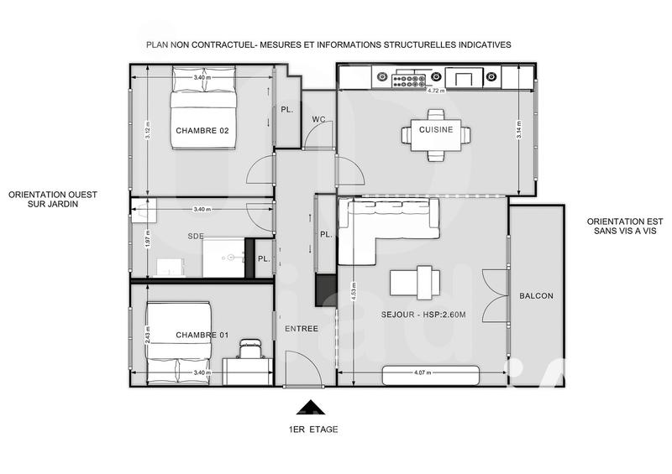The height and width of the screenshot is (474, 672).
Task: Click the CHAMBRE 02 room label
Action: [x=202, y=130]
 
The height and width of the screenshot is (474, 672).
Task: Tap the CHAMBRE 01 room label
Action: [x=202, y=336]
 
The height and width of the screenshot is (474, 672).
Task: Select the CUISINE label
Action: [x=437, y=129]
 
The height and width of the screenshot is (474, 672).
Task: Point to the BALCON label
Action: [x=536, y=296]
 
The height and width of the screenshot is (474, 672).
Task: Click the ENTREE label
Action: [x=302, y=328]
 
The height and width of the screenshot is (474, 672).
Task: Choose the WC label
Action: [x=318, y=118]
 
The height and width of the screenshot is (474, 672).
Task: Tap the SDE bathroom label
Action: [x=197, y=237]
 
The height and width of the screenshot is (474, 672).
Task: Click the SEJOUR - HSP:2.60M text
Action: [x=423, y=315]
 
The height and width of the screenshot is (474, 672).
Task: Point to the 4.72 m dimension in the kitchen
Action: [x=435, y=91]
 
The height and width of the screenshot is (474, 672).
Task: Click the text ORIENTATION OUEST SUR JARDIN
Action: [x=53, y=198]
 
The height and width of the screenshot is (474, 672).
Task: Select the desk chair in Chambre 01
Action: [x=249, y=346]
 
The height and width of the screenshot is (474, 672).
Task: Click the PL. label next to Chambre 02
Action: [x=286, y=110]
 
